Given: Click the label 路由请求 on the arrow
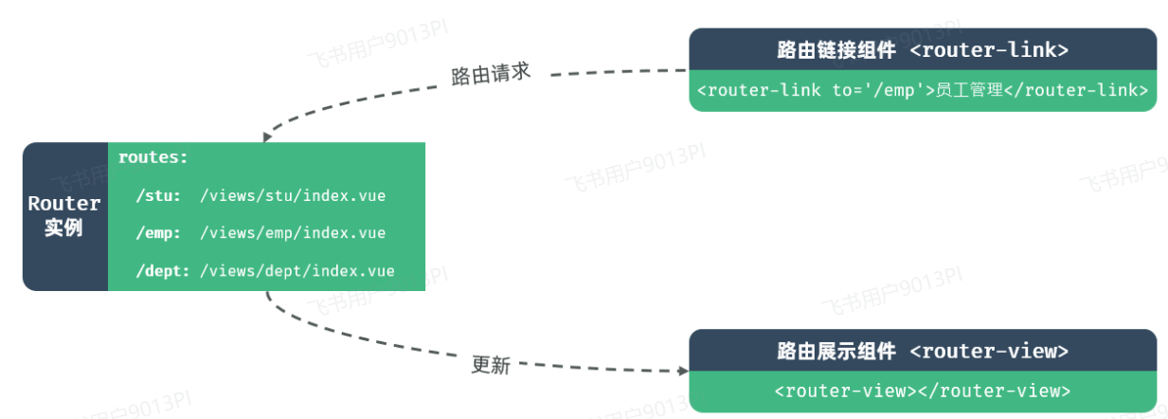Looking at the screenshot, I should [x=490, y=75].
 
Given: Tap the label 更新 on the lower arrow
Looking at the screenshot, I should [x=491, y=365].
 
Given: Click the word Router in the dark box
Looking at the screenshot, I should [x=64, y=203].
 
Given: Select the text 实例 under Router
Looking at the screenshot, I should [x=64, y=228].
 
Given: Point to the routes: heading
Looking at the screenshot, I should [x=153, y=157].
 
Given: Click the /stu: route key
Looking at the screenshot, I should [x=158, y=196].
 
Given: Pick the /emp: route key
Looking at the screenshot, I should [x=158, y=233].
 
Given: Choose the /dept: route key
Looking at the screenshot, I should [x=162, y=271].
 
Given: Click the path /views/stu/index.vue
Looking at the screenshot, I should [x=293, y=196].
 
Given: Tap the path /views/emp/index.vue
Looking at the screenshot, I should [x=293, y=233].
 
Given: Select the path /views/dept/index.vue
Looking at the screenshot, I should [x=296, y=271].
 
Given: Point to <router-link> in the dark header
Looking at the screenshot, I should [x=989, y=49].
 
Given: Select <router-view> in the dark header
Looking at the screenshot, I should [x=989, y=351].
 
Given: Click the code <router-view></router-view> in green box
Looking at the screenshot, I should [x=922, y=391].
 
